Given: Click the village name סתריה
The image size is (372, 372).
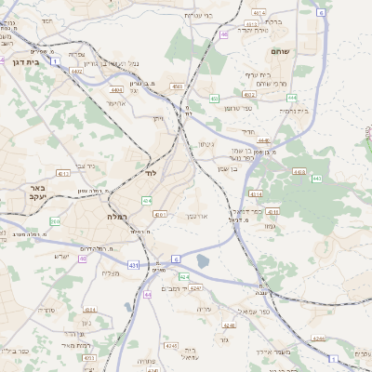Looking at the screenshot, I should click(45, 310).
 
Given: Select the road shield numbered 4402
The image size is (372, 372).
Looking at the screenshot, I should click(77, 71).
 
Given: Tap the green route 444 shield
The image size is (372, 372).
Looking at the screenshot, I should click(292, 97).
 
